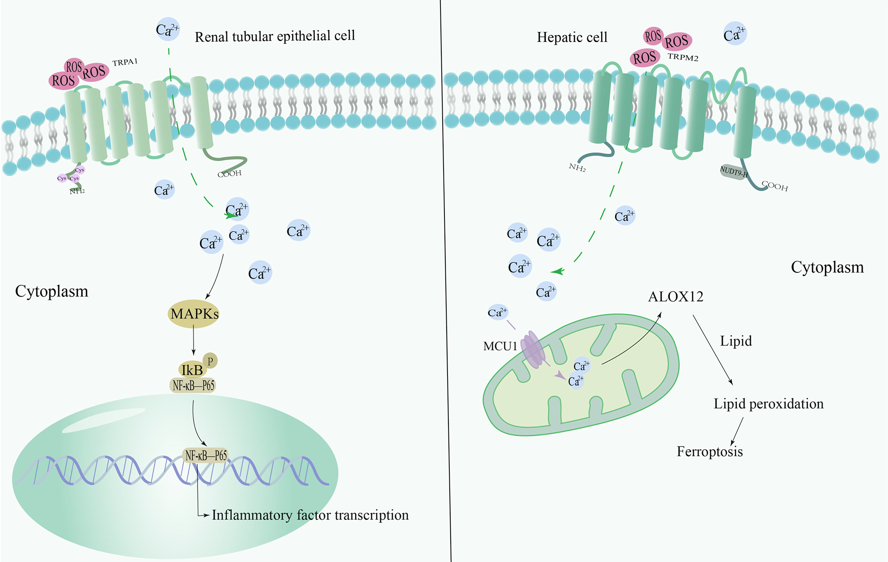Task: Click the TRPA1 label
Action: (x=125, y=62)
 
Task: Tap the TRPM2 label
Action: (x=683, y=57)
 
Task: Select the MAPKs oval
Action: (x=194, y=314)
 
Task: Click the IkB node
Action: (x=192, y=370)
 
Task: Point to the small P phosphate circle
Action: (x=210, y=361)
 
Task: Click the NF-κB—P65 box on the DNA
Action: (x=206, y=455)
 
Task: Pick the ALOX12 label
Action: (x=676, y=297)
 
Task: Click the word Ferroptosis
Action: (x=710, y=452)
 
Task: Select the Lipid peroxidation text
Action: (x=768, y=404)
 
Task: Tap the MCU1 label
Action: (x=500, y=347)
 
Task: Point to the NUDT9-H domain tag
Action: (x=733, y=171)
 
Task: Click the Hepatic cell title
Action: (x=572, y=37)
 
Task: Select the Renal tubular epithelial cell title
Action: (x=275, y=36)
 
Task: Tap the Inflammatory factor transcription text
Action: (x=310, y=515)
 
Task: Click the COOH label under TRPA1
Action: (x=230, y=174)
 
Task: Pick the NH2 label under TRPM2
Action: (x=577, y=167)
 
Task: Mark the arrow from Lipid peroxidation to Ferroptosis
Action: (x=737, y=431)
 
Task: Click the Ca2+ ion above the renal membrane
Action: (x=168, y=30)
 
